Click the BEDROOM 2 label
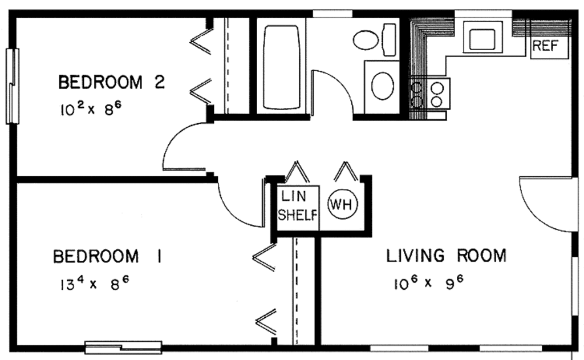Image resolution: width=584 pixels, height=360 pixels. (x=112, y=83)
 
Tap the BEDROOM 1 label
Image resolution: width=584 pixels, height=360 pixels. (x=107, y=257)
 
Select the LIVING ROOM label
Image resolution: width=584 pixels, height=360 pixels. (x=446, y=255)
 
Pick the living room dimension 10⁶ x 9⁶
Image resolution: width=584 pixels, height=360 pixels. (x=427, y=282)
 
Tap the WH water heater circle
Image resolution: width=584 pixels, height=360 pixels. (x=342, y=204)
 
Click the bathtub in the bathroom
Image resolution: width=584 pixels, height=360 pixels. (x=281, y=67)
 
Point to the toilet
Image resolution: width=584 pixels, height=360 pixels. (x=374, y=39)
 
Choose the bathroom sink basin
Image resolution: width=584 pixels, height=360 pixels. (x=382, y=86)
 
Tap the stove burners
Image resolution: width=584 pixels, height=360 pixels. (x=429, y=94)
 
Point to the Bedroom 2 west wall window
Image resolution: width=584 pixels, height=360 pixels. (x=12, y=86)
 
